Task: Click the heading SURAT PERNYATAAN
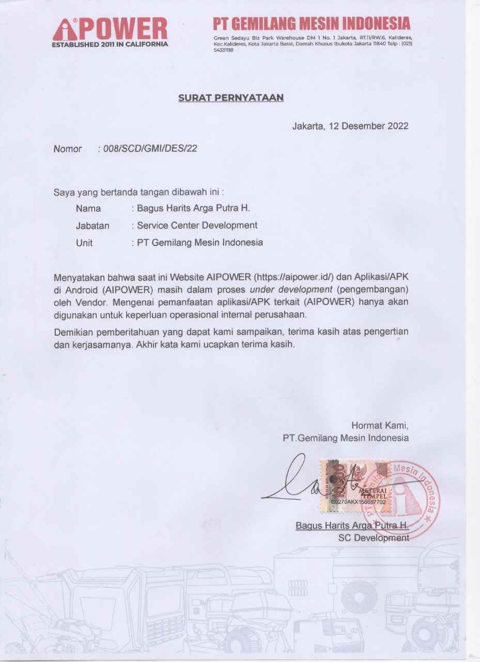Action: click(231, 97)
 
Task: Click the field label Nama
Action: click(88, 209)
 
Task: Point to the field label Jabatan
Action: click(92, 225)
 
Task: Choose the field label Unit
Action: click(84, 242)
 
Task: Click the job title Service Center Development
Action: click(197, 225)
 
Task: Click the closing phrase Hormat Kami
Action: click(380, 426)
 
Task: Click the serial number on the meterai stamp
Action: click(358, 502)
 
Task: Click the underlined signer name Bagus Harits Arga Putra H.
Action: click(352, 526)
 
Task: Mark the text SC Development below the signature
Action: click(374, 538)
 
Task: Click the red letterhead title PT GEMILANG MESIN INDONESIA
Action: click(312, 23)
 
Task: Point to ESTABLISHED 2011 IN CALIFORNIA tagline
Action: click(110, 44)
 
